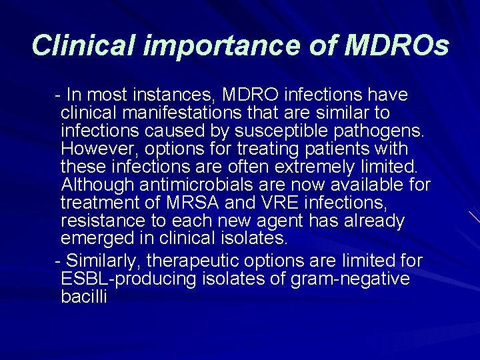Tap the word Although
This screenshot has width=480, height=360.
click(97, 185)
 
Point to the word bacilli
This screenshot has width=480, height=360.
click(83, 296)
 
